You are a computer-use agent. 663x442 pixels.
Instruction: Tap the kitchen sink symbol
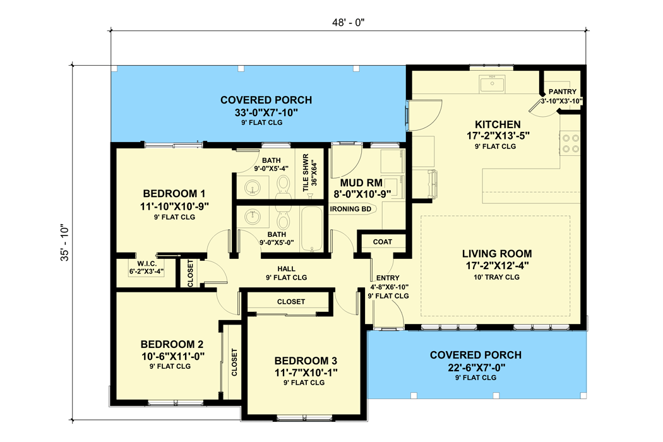(x=491, y=84)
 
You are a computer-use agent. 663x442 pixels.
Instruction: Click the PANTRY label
(x=563, y=92)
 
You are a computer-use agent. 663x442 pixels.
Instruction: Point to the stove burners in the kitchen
(x=571, y=143)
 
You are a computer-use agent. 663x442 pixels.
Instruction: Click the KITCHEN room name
(x=498, y=124)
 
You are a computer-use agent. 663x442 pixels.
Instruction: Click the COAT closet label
(x=382, y=242)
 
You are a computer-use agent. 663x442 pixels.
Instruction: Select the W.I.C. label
(x=145, y=263)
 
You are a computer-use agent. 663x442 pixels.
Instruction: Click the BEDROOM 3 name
(x=306, y=361)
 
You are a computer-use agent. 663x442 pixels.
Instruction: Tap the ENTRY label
(x=388, y=278)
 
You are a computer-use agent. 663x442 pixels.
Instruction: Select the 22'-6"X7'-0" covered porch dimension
(x=475, y=367)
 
